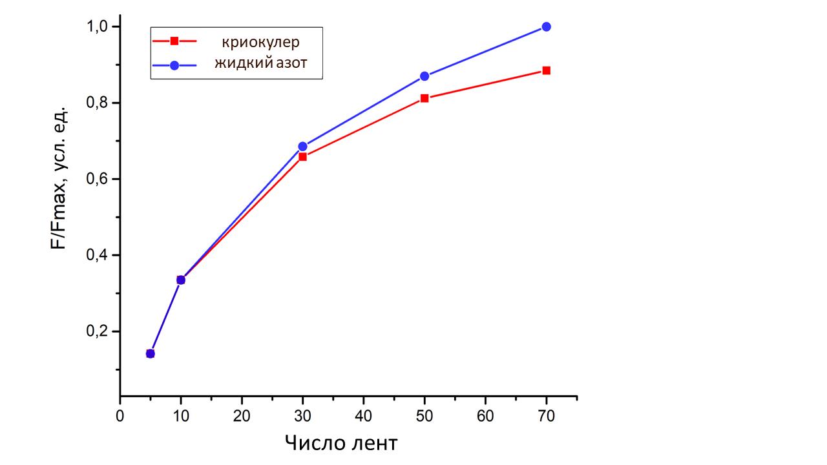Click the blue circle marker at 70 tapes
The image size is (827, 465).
(x=546, y=26)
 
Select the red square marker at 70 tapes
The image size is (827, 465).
(x=546, y=70)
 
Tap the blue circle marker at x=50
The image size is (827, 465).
(x=424, y=76)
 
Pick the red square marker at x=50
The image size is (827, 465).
(x=424, y=98)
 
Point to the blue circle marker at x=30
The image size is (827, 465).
(x=302, y=147)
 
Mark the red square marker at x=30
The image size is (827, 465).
(x=302, y=156)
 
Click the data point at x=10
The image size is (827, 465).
(x=181, y=280)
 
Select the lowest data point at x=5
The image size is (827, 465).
(x=151, y=353)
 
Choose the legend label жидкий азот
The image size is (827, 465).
(x=261, y=63)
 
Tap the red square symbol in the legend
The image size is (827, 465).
(x=174, y=41)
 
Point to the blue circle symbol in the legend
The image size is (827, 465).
(x=174, y=65)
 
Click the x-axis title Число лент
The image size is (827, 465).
(x=340, y=444)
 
